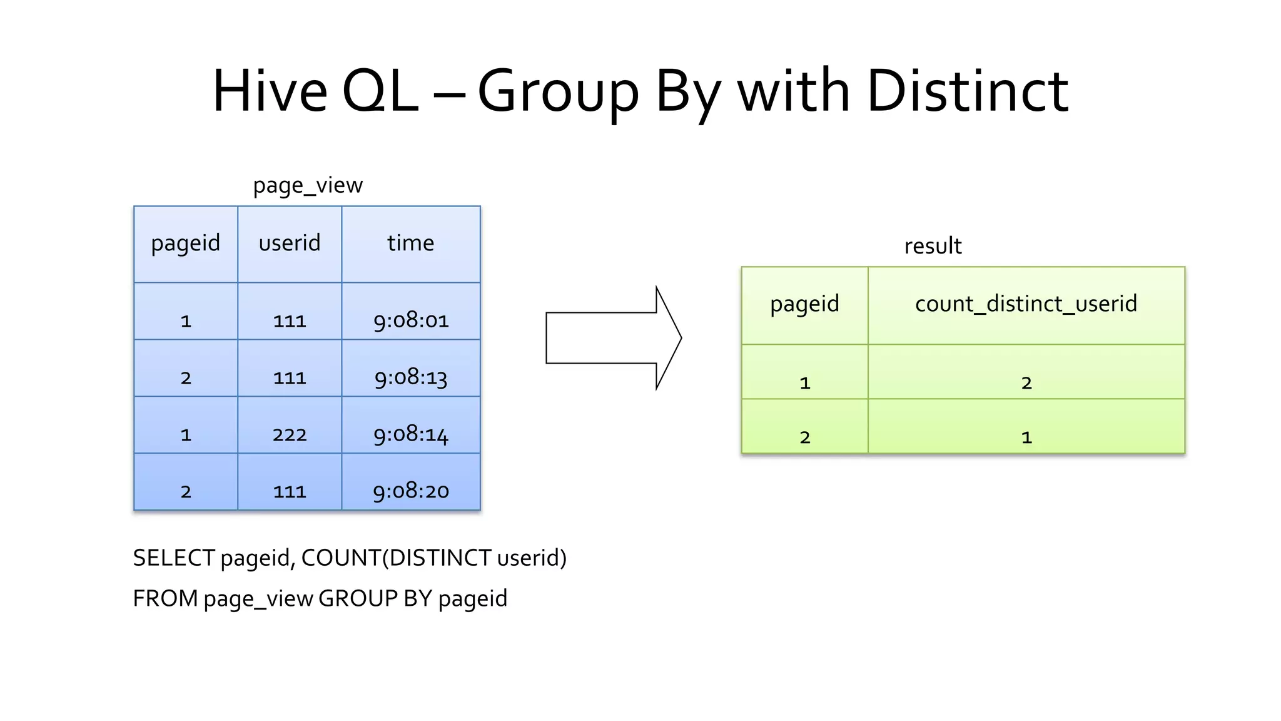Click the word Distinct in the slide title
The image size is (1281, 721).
[967, 91]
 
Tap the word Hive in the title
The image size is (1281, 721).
[270, 91]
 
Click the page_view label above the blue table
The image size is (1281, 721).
[307, 185]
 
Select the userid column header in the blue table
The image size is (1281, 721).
[289, 243]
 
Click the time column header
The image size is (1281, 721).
[410, 243]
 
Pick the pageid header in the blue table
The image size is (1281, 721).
[185, 243]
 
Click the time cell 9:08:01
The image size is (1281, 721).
[411, 320]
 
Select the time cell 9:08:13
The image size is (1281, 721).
[411, 377]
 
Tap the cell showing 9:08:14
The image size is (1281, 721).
[411, 434]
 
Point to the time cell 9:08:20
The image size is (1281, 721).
[411, 491]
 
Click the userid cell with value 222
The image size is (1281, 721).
[289, 434]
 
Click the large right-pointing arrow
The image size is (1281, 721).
[613, 338]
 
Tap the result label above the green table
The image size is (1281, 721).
[933, 246]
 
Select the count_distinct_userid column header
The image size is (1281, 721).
[1026, 304]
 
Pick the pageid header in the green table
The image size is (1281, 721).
[804, 304]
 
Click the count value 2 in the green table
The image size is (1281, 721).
[1026, 383]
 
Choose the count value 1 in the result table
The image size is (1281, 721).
[1026, 437]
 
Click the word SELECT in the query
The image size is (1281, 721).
[174, 558]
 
